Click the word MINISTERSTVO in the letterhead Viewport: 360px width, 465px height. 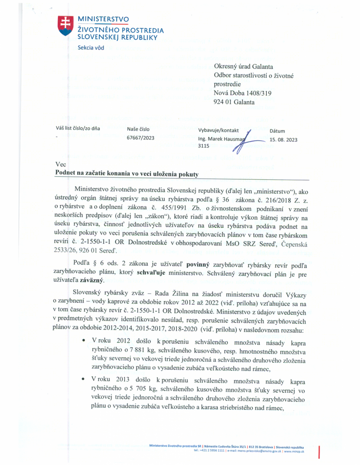104,19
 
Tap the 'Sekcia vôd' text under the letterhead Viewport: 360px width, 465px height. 90,48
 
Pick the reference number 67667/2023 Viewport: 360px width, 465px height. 141,139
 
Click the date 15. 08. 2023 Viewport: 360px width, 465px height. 283,139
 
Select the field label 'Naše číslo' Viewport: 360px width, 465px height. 138,129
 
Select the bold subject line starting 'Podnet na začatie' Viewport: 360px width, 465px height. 127,173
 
